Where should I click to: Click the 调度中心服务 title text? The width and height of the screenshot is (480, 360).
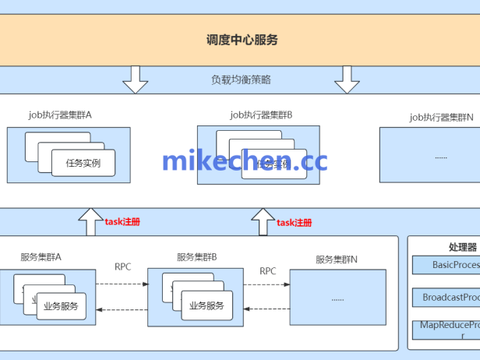[242, 40]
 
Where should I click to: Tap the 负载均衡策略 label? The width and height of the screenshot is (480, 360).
[241, 79]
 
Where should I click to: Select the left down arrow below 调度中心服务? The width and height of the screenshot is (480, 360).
[136, 79]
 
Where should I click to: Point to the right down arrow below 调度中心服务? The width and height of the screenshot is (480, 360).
[347, 79]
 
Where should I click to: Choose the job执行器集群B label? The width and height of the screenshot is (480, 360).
[260, 115]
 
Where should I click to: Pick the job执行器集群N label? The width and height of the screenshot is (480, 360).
[440, 117]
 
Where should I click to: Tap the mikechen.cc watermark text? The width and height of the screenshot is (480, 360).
[245, 161]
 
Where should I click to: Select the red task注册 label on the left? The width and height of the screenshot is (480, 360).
[122, 222]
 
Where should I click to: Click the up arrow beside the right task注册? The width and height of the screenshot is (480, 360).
[263, 222]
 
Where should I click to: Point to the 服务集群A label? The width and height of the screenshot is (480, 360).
[41, 256]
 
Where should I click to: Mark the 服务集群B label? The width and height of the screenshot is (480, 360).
[196, 256]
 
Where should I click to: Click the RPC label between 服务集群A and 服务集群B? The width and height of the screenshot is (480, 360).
[123, 267]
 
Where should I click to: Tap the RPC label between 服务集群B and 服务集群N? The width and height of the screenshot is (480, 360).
[268, 271]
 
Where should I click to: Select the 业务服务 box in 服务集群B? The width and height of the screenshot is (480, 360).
[206, 305]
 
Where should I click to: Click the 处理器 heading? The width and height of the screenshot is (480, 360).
[440, 247]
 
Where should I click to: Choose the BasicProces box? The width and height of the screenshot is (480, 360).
[445, 265]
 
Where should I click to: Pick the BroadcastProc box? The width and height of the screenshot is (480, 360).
[445, 297]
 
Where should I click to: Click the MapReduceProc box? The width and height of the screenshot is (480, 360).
[445, 329]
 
